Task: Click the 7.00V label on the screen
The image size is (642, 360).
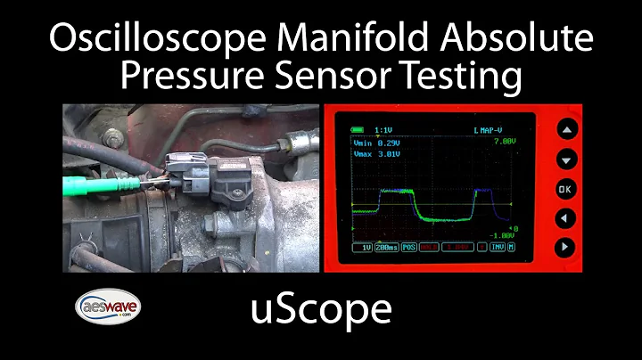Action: point(505,141)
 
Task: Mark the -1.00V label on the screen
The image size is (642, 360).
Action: point(505,235)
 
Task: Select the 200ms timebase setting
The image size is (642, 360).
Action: point(386,247)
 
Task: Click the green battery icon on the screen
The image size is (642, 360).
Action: point(358,129)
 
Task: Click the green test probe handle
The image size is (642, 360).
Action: point(94,185)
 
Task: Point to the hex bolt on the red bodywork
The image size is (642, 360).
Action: point(113,138)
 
